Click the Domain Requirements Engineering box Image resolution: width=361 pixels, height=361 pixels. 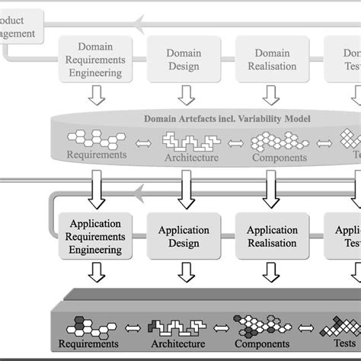94,60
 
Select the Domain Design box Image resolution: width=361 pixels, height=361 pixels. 184,60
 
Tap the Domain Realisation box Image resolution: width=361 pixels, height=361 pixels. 271,60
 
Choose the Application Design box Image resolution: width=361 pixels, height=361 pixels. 184,236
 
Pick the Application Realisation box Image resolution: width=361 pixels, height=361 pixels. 271,236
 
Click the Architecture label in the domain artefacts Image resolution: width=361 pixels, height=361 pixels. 191,158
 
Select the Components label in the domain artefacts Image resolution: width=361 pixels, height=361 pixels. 280,158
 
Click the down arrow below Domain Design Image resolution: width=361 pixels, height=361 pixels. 184,95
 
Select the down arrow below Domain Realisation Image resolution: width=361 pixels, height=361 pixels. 271,95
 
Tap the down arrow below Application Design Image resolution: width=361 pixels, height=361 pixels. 184,272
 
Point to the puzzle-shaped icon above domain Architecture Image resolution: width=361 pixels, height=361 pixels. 190,141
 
